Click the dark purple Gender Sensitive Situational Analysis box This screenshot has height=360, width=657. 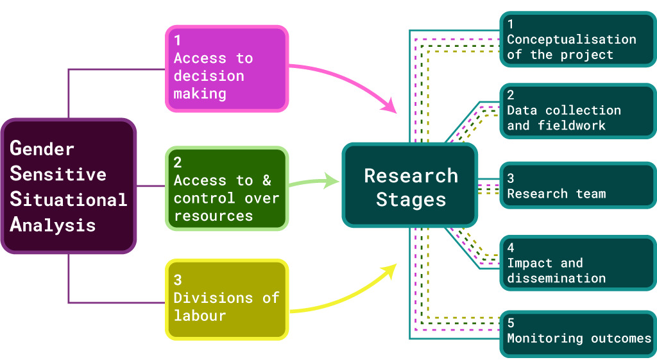[x=69, y=186]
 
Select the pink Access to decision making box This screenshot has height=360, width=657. [x=227, y=69]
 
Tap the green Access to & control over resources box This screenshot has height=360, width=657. [x=227, y=189]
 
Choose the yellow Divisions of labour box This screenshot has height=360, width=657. [x=227, y=299]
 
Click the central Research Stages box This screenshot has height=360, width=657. [x=411, y=186]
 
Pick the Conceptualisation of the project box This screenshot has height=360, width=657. [x=577, y=39]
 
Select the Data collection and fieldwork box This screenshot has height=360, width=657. [x=577, y=110]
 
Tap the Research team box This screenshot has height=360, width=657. [x=577, y=186]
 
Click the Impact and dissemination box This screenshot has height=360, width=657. [x=577, y=262]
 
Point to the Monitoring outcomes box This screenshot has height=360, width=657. [x=577, y=333]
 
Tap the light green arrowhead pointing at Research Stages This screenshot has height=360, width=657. [x=332, y=181]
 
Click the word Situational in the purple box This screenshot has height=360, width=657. [x=69, y=200]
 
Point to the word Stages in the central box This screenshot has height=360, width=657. [x=411, y=200]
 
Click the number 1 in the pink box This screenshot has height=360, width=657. [x=178, y=40]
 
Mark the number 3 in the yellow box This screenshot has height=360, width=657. [x=178, y=280]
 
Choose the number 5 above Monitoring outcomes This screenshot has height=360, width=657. [x=511, y=323]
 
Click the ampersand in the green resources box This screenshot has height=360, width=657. [x=266, y=181]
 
